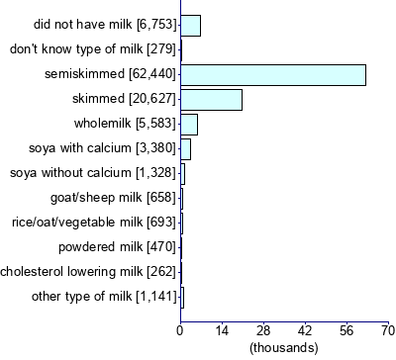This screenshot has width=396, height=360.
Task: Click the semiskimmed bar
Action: click(273, 75)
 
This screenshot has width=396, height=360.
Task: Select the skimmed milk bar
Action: click(211, 100)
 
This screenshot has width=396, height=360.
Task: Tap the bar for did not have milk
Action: click(190, 26)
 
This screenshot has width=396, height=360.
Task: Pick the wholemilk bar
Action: click(189, 125)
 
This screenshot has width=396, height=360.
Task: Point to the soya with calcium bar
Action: click(185, 149)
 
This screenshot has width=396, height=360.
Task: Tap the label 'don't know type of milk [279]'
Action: click(92, 49)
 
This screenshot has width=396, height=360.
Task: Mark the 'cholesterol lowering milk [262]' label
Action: click(89, 271)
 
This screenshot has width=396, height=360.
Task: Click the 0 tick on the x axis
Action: click(180, 329)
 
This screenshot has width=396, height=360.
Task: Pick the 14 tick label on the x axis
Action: click(222, 329)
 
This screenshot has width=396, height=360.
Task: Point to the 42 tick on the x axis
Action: click(305, 329)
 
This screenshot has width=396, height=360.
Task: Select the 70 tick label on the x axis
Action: click(387, 329)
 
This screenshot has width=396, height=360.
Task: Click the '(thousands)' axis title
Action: click(284, 347)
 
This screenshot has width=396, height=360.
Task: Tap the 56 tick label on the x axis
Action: click(346, 329)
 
